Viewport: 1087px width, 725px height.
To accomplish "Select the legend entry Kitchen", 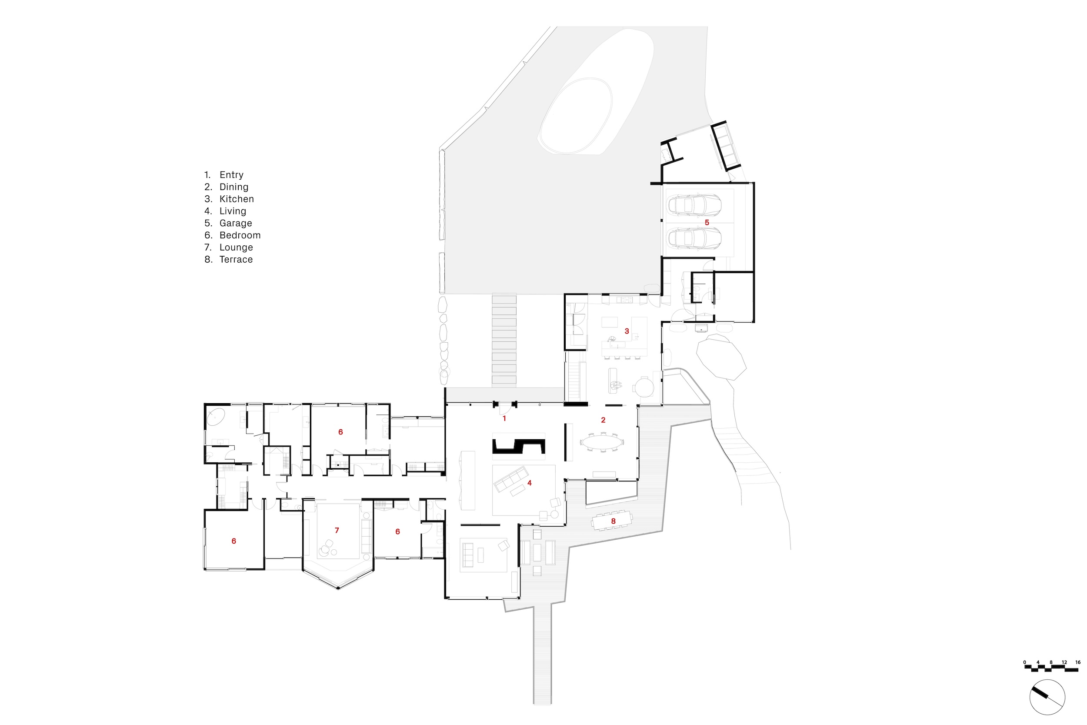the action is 237,199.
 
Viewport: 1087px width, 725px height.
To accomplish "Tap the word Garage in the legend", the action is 236,223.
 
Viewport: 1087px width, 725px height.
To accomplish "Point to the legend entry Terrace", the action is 236,259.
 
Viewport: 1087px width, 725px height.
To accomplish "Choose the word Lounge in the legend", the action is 236,247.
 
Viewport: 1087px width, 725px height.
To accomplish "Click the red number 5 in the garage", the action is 707,223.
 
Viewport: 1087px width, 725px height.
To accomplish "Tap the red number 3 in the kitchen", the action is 627,331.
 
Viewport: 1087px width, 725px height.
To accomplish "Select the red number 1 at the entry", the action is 504,418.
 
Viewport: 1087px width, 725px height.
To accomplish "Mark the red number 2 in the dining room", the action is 603,420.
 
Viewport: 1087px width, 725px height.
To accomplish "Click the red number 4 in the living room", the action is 530,483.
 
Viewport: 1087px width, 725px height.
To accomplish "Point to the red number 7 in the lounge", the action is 337,530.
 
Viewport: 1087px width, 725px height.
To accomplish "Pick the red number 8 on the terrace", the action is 614,521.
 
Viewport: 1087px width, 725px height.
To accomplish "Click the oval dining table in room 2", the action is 602,442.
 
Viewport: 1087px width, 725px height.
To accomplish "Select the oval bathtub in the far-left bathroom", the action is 215,417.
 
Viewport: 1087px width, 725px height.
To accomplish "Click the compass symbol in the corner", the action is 1047,697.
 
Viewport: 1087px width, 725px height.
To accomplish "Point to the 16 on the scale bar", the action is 1078,662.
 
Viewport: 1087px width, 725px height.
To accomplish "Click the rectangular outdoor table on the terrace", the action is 612,520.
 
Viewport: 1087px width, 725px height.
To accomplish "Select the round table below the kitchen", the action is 644,387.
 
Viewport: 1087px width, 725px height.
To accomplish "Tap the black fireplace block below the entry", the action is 519,446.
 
